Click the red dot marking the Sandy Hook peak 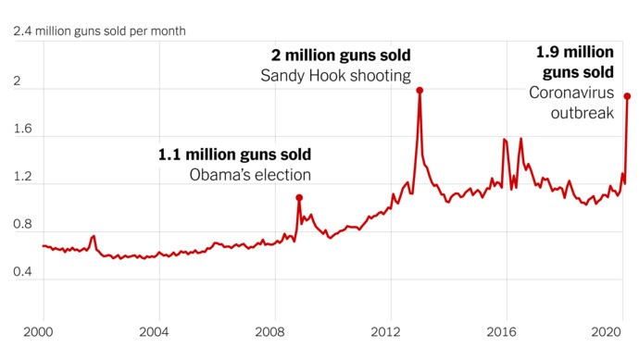tap(420, 91)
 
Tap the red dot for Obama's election tap(299, 197)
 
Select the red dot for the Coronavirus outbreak tap(627, 96)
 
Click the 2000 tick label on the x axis tap(42, 330)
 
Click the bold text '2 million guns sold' tap(340, 56)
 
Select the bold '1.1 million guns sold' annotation tap(234, 154)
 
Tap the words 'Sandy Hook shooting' tap(336, 76)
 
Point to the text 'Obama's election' tap(250, 174)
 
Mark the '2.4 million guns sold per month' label tap(99, 31)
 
